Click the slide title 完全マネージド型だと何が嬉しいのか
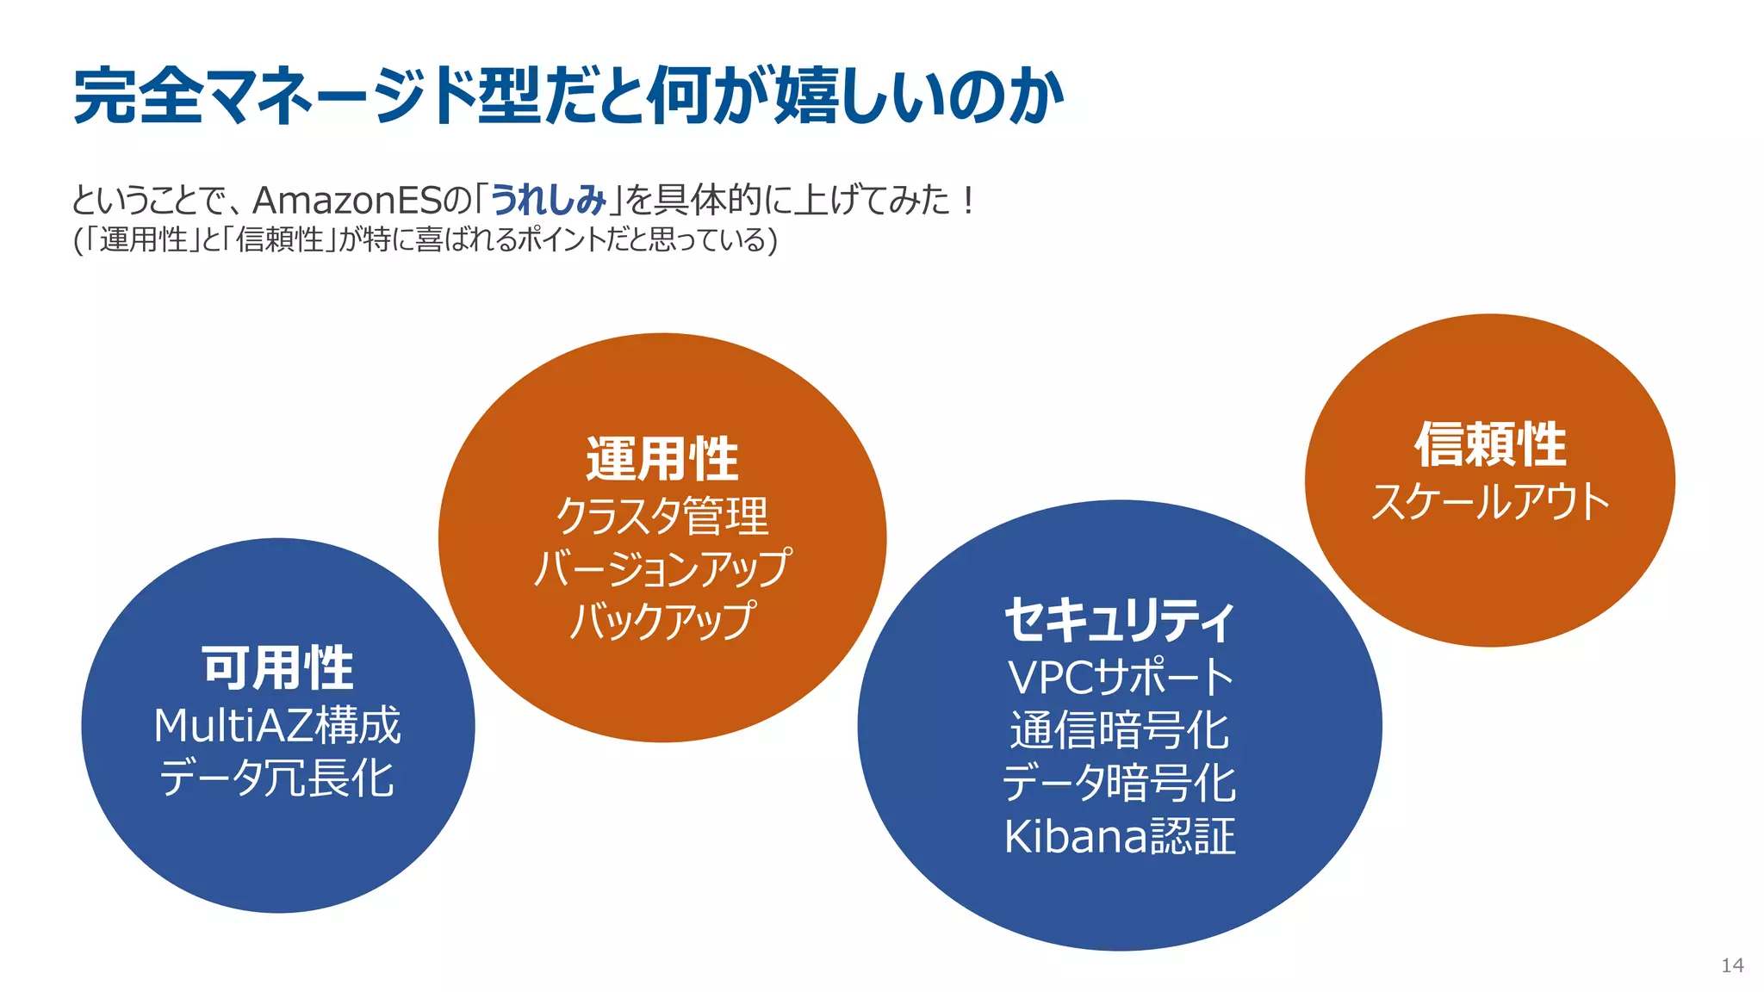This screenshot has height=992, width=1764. point(568,96)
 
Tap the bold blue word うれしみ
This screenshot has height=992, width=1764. point(549,200)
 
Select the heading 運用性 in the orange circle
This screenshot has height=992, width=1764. point(662,459)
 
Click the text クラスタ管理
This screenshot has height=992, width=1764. point(662,516)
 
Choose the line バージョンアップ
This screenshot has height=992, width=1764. point(662,567)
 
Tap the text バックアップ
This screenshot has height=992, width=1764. point(662,620)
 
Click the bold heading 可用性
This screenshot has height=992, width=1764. point(277,668)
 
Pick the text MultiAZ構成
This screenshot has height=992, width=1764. point(277,725)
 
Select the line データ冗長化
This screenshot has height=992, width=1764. point(277,778)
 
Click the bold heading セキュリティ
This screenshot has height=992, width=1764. point(1120,620)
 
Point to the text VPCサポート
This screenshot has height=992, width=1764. point(1120,677)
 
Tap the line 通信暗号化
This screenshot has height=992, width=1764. point(1120,730)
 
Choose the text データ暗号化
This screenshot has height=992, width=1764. point(1120,783)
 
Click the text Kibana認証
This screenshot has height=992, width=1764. point(1120,836)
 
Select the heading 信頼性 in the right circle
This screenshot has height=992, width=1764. point(1490,444)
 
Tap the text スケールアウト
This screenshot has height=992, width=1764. point(1490,501)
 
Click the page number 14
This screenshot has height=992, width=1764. point(1732,965)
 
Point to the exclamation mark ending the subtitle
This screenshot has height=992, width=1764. point(969,201)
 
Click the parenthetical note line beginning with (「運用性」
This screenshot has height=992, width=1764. point(425,239)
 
